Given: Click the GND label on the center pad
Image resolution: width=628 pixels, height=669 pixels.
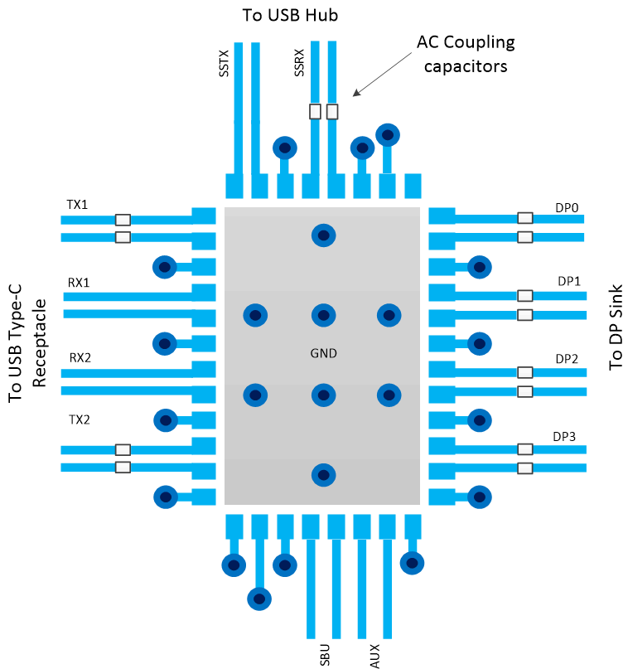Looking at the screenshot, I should tap(323, 353).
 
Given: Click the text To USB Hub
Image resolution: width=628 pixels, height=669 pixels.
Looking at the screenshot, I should tap(290, 15).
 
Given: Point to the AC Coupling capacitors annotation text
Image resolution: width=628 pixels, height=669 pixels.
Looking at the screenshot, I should tap(465, 54).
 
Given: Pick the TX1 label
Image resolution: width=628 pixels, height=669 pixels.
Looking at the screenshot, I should tap(77, 204).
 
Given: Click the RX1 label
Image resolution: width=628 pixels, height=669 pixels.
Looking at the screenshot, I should tap(79, 282).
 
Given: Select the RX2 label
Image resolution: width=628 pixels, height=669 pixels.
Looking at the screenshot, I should tap(80, 357).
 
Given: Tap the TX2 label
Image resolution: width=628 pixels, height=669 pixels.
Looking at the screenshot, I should tap(79, 419).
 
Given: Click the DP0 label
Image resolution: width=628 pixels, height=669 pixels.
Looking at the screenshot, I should tap(568, 205).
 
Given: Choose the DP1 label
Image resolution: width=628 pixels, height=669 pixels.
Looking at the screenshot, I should tap(568, 281).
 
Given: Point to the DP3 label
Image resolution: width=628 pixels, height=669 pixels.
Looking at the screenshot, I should tap(564, 436).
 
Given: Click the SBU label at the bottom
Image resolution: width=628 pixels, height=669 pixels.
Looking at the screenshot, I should tap(324, 654).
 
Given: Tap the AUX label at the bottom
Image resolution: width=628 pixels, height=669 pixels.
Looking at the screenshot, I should tap(374, 654).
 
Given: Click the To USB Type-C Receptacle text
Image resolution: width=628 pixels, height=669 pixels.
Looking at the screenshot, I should tap(25, 341).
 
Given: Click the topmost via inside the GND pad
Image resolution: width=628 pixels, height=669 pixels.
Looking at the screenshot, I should tap(323, 235).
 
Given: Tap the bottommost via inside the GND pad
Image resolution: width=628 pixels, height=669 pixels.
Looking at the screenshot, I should tap(323, 475).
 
